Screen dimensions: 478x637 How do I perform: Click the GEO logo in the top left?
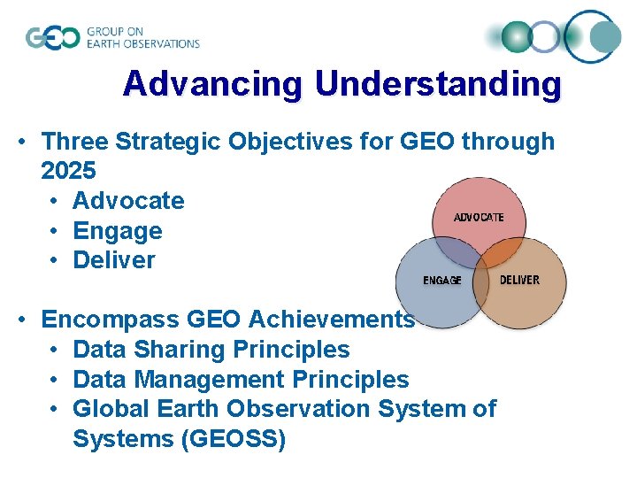pyautogui.click(x=52, y=38)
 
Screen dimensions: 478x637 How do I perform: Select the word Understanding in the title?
pyautogui.click(x=438, y=84)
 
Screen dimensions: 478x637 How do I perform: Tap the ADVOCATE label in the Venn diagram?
pyautogui.click(x=479, y=217)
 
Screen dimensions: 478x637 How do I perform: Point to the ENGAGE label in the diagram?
pyautogui.click(x=441, y=280)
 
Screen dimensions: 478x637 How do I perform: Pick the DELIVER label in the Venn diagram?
pyautogui.click(x=519, y=280)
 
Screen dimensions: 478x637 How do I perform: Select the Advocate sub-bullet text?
pyautogui.click(x=128, y=200)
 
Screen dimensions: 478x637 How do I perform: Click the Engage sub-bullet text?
pyautogui.click(x=118, y=230)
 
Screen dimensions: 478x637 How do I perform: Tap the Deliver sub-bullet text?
pyautogui.click(x=114, y=260)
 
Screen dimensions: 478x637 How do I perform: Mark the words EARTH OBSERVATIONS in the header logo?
pyautogui.click(x=142, y=43)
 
